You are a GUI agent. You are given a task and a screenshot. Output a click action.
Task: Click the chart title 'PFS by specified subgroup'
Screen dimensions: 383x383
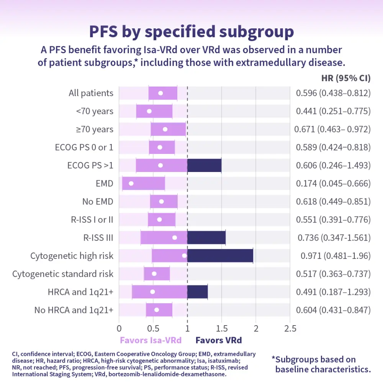(x=191, y=32)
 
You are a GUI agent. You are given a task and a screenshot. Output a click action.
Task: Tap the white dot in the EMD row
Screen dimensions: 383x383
(x=131, y=183)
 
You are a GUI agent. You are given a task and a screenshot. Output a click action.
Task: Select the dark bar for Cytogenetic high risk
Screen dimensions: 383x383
(x=220, y=255)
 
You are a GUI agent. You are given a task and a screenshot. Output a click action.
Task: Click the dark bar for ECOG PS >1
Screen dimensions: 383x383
(x=204, y=165)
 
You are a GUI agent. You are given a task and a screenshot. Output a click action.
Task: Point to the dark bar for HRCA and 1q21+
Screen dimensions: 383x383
(x=197, y=292)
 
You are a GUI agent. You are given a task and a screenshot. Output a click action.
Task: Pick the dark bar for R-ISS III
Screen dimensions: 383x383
(x=206, y=237)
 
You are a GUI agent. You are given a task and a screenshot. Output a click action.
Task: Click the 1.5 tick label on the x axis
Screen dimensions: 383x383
(x=221, y=329)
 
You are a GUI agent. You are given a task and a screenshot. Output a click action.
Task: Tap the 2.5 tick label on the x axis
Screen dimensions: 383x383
(x=290, y=329)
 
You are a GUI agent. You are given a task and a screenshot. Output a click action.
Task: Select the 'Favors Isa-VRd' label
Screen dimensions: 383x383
(x=151, y=340)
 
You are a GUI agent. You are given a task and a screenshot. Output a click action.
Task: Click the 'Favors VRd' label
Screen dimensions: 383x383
(x=219, y=340)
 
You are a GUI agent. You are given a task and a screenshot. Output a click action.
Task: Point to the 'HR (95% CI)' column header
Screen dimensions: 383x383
(x=345, y=78)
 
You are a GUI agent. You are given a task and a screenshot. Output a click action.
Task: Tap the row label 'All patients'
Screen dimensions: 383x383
(x=91, y=93)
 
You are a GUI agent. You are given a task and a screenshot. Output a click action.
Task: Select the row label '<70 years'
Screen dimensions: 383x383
(x=95, y=111)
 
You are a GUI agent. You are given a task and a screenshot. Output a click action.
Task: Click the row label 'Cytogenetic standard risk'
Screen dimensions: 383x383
(x=63, y=274)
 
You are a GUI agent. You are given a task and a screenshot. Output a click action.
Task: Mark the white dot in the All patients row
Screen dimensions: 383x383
(x=160, y=93)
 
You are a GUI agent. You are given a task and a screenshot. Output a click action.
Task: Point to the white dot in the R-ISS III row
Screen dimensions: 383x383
(x=175, y=237)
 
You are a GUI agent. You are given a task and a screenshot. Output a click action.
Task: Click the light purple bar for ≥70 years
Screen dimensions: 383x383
(x=168, y=129)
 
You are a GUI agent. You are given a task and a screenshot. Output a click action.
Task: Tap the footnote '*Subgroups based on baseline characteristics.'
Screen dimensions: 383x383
(x=321, y=364)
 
